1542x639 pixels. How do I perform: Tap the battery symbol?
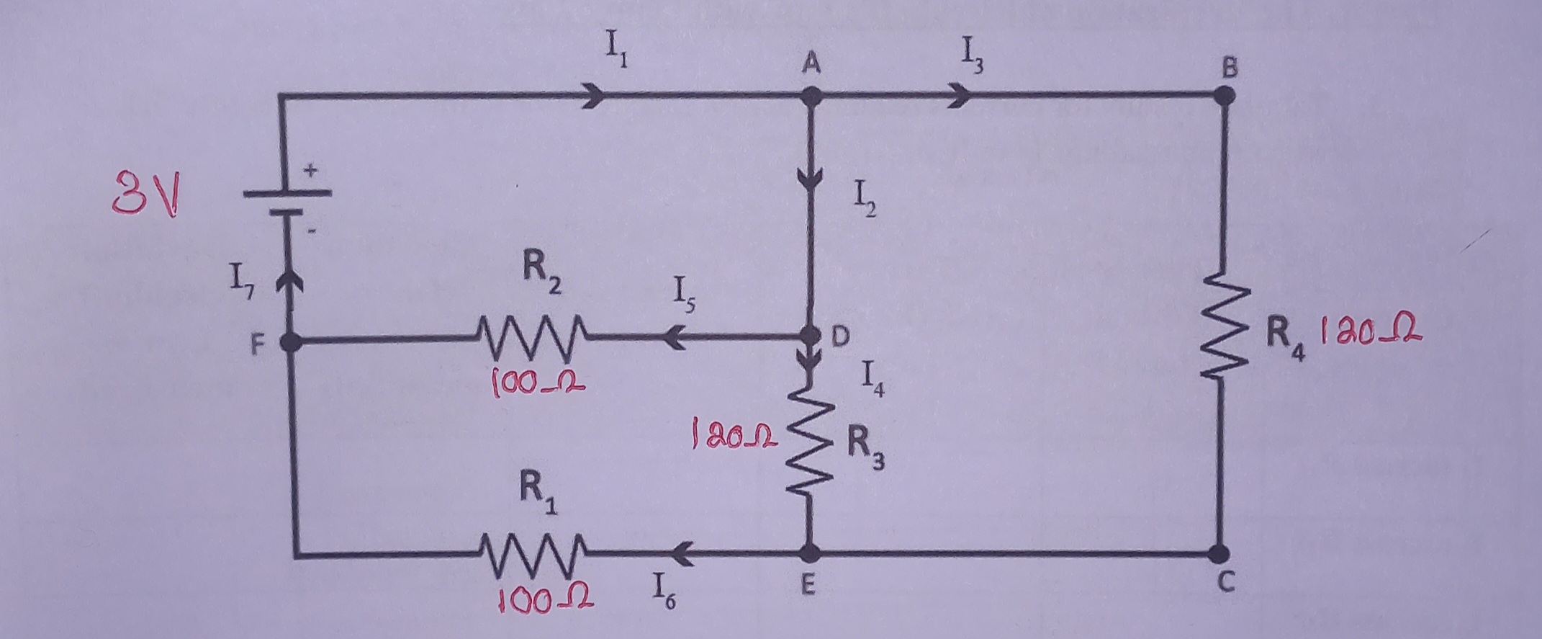click(x=288, y=202)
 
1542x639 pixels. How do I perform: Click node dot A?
click(x=811, y=96)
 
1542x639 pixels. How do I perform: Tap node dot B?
click(x=1224, y=95)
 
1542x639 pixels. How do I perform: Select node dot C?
click(x=1219, y=554)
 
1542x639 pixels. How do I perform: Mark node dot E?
click(x=809, y=553)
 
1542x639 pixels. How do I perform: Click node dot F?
click(x=291, y=343)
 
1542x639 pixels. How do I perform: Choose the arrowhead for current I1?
click(x=594, y=96)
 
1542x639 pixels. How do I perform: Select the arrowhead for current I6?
click(x=680, y=554)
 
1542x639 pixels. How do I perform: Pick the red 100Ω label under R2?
click(x=537, y=382)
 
